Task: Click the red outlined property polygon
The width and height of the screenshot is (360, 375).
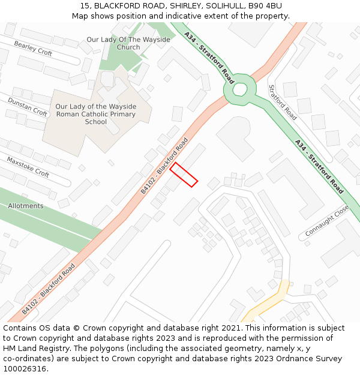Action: tap(184, 175)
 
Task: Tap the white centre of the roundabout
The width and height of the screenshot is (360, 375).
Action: tap(240, 89)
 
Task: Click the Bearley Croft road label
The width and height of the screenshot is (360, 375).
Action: tap(33, 49)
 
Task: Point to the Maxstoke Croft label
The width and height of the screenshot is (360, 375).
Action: tap(28, 167)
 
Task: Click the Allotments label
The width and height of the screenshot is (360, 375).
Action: tap(26, 206)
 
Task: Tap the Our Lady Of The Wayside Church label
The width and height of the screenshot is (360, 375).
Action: tap(128, 43)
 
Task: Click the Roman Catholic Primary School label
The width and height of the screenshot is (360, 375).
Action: tap(96, 114)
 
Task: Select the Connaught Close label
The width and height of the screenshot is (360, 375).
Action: tap(327, 221)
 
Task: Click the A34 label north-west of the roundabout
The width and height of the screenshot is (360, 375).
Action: tap(209, 58)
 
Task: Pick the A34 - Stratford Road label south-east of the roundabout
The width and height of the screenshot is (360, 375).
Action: tap(319, 166)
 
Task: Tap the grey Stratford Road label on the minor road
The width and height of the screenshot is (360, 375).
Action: tap(283, 102)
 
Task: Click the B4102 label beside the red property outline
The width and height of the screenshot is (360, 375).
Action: tap(164, 165)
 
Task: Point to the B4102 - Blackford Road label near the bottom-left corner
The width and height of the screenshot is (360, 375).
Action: tap(49, 289)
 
